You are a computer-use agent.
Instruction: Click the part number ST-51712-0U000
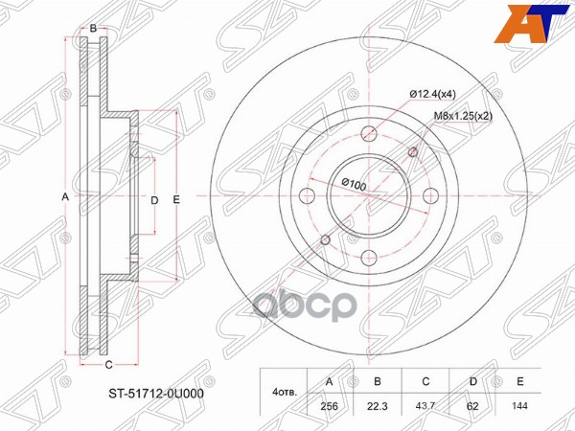coord(155,394)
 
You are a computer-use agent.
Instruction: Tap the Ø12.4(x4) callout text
coord(432,95)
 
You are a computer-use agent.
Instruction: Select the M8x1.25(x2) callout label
coord(463,116)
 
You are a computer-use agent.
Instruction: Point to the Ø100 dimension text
coord(354,184)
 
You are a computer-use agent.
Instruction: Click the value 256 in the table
coord(330,406)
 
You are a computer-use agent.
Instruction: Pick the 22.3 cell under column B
coord(378,406)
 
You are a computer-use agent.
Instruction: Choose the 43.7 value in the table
coord(425,406)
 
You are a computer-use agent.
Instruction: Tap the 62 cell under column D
coord(473,406)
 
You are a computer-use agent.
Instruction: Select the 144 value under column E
coord(520,406)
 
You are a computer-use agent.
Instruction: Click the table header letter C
coord(425,381)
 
